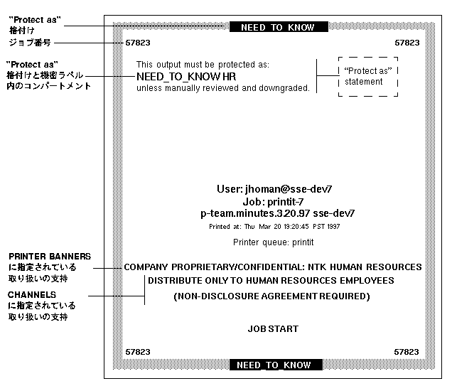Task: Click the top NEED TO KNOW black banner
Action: (x=277, y=28)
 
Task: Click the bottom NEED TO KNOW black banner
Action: (x=275, y=365)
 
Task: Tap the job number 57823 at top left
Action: (x=138, y=43)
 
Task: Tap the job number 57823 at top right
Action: (x=407, y=43)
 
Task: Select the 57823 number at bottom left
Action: (x=138, y=352)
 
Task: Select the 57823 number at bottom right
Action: (x=407, y=352)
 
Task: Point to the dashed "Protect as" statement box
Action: (x=368, y=76)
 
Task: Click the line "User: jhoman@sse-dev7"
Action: (x=274, y=189)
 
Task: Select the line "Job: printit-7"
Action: (x=274, y=201)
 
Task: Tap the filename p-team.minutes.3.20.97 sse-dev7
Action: (x=278, y=213)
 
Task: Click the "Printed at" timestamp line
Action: (x=274, y=227)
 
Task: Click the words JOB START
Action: (x=273, y=329)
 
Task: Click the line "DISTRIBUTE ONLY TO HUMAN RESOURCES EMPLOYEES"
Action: (x=271, y=281)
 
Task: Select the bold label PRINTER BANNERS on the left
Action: (x=50, y=257)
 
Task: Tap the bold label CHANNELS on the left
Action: (x=32, y=294)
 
